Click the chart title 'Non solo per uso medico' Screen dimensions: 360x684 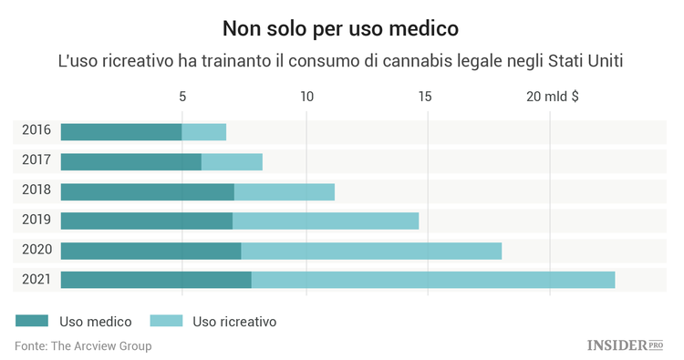pos(341,26)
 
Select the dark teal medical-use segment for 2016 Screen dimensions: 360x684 pos(121,132)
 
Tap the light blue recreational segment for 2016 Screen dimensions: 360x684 pos(204,132)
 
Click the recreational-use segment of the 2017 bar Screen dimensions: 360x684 pos(232,162)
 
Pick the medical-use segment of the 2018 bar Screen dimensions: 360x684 pos(148,191)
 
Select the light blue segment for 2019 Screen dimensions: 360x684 pos(326,221)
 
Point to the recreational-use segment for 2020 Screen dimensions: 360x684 pos(371,251)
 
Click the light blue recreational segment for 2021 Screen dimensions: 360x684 pos(433,280)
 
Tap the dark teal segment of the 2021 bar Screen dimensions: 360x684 pos(156,280)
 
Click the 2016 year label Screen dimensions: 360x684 pos(36,131)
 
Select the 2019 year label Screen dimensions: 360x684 pos(36,220)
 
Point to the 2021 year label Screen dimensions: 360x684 pos(36,279)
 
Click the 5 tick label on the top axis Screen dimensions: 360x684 pos(182,97)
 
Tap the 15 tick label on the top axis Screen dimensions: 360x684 pos(425,97)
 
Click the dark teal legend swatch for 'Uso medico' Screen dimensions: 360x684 pos(32,321)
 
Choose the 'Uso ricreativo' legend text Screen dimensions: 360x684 pos(234,321)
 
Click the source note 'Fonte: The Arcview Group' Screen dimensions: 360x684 pos(83,346)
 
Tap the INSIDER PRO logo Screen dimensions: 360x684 pos(625,345)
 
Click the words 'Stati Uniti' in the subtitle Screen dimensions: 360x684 pos(598,61)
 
